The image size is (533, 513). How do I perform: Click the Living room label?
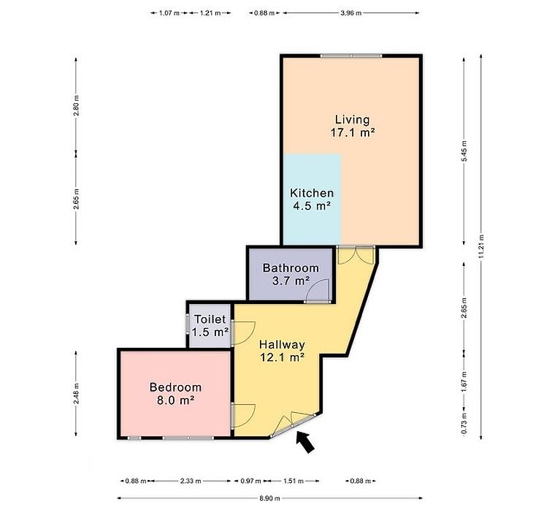point(353,126)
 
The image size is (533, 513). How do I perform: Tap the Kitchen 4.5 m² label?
point(312,199)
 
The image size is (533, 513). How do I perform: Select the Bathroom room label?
point(291,274)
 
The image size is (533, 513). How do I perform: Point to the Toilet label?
point(210,326)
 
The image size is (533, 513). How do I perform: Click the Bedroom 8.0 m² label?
point(175,394)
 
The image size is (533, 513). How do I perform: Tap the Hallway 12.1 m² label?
point(282,351)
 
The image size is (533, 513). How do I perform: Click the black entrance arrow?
point(305,441)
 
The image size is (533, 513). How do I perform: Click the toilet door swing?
point(243,333)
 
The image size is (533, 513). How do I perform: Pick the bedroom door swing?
point(243,416)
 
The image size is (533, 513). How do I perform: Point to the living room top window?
point(351,56)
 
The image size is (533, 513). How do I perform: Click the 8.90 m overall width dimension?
point(270,498)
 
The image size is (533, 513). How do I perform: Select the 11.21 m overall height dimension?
point(480,247)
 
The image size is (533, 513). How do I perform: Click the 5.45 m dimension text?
point(464,151)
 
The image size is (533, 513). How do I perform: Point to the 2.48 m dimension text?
point(76,394)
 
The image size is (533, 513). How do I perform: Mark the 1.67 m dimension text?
point(464,381)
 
